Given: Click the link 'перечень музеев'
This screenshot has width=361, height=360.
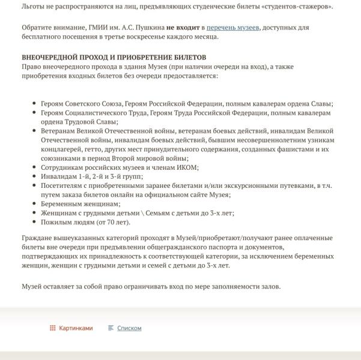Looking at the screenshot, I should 234,28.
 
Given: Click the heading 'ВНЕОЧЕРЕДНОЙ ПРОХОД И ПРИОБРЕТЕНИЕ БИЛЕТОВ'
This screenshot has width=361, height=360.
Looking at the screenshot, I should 114,57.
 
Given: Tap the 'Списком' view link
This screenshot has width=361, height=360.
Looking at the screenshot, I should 129,328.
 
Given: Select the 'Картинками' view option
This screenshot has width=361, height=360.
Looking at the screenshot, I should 76,328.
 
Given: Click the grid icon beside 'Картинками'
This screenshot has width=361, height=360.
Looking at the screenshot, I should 53,328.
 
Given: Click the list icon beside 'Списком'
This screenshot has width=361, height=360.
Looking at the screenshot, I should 111,328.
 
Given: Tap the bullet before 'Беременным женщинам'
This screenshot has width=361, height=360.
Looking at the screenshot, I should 34,204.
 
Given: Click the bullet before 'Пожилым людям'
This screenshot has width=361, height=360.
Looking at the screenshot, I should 34,222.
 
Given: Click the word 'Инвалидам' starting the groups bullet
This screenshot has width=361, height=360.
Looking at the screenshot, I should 58,176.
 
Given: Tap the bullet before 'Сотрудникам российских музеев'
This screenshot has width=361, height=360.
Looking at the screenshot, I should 34,167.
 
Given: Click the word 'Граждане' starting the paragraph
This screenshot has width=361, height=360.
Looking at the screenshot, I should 37,238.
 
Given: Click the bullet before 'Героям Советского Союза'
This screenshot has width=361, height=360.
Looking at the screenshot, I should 34,104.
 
